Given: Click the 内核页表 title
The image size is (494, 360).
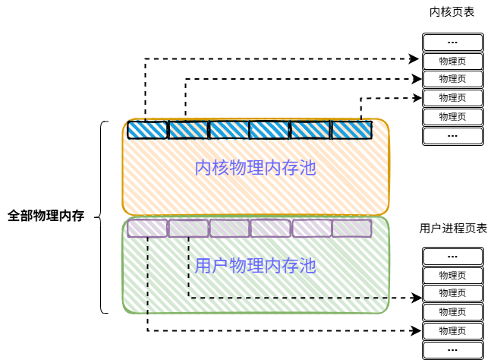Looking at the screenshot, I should tap(452, 13).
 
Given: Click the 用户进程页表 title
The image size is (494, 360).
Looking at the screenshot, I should tap(452, 228).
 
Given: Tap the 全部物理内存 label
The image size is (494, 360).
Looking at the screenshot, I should tap(46, 216).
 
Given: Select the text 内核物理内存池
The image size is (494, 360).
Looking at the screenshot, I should tap(255, 168).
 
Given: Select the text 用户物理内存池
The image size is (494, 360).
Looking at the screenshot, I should tap(255, 266).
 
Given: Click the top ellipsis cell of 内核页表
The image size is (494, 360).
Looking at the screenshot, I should tap(452, 41).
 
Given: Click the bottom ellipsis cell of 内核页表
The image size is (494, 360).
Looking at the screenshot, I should tap(452, 136).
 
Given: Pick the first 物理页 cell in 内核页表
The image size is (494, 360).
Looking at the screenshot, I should tap(452, 60).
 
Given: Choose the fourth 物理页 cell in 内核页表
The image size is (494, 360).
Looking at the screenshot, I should tap(452, 117).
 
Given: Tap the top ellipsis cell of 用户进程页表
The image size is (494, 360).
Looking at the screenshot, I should tap(452, 256).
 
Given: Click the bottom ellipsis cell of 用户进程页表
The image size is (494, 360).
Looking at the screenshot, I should tap(452, 350).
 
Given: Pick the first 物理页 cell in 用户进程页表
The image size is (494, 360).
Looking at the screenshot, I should tap(452, 275).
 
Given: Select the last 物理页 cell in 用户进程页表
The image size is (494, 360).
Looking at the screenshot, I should tap(452, 331).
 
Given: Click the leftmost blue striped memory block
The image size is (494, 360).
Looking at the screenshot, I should tap(147, 130).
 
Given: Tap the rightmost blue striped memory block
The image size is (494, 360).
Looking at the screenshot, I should tap(351, 130).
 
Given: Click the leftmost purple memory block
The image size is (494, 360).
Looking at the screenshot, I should tap(147, 228).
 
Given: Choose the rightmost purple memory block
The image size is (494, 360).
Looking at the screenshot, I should tap(351, 228).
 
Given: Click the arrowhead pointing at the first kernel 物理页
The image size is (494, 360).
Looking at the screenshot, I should tap(416, 58).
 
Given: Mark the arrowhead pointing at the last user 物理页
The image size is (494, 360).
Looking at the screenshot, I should tap(416, 330).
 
